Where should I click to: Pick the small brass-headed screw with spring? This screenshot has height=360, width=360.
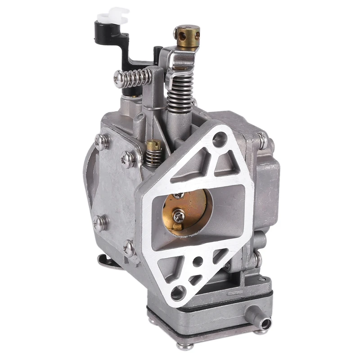pyautogui.click(x=153, y=145)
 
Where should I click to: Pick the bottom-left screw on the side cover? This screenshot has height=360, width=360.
pyautogui.click(x=99, y=222)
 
